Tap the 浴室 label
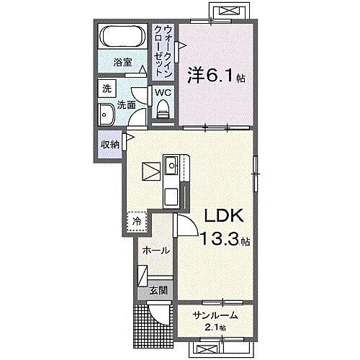123,63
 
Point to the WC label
162,93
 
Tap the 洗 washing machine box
106,89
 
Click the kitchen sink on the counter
172,168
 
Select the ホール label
156,251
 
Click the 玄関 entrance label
158,291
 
